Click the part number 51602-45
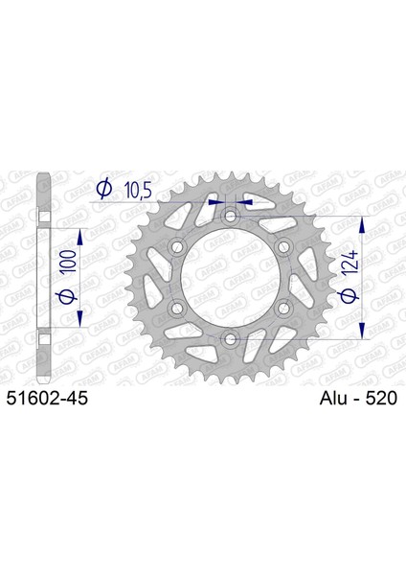click(x=47, y=399)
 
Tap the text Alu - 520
click(x=358, y=399)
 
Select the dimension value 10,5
click(x=138, y=191)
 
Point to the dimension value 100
click(x=69, y=261)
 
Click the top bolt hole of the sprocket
click(x=230, y=216)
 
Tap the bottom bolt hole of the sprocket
click(x=230, y=339)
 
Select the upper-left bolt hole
click(x=177, y=246)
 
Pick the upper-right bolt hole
click(x=283, y=246)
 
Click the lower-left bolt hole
click(x=177, y=308)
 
